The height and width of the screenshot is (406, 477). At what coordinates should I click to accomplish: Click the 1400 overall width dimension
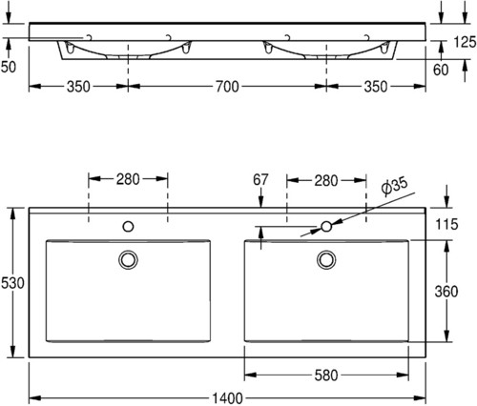227,398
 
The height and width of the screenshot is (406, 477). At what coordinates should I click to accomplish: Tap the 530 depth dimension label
12,283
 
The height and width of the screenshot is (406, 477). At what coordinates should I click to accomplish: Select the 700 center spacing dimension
227,87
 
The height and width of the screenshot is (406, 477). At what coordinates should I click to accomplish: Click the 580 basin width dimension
326,376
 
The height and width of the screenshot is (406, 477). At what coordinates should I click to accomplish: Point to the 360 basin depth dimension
446,292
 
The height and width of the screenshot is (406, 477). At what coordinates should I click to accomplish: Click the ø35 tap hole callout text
394,187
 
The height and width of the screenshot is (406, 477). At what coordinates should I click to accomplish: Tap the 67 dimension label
260,180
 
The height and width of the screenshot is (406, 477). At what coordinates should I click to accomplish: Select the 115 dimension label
446,224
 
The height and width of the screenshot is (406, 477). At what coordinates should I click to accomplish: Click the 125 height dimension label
465,42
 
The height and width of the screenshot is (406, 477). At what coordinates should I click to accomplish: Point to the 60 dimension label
441,71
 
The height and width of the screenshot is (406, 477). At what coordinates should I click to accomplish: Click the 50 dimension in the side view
8,67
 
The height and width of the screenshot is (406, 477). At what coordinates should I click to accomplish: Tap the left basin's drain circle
128,259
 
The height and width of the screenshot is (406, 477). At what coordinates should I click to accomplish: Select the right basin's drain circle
326,259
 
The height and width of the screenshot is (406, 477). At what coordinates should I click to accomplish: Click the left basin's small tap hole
128,227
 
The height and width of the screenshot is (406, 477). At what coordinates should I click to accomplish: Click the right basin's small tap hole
326,227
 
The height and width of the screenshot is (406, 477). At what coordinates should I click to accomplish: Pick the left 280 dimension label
128,179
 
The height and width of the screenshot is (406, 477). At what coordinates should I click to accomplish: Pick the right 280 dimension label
326,181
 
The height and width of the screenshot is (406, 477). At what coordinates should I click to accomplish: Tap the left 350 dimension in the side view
78,87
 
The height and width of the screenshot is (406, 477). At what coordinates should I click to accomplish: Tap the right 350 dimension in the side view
376,87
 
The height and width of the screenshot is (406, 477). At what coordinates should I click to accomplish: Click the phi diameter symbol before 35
386,190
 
